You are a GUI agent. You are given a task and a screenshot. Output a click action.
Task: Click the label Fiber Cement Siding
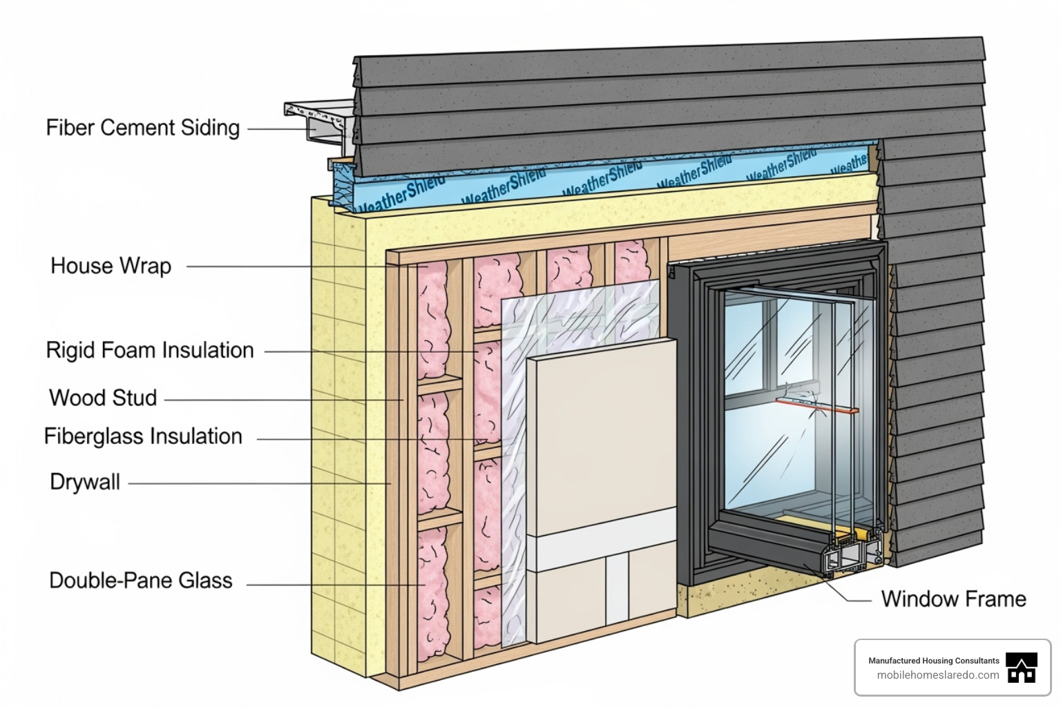(142, 128)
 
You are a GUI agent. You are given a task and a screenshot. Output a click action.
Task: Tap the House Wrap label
(111, 266)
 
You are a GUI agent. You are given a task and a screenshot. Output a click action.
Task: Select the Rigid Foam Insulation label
(150, 351)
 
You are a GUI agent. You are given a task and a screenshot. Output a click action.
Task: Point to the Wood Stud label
(103, 398)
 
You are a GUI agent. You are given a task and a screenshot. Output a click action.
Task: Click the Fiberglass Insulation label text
(143, 437)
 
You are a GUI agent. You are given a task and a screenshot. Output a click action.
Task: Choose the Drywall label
(85, 482)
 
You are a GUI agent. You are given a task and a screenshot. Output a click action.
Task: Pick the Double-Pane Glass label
(140, 581)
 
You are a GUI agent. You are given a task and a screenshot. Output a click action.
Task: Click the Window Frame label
(953, 599)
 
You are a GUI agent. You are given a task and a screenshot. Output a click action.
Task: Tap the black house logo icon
(1022, 668)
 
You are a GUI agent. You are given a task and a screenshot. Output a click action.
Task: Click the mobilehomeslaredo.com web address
(937, 675)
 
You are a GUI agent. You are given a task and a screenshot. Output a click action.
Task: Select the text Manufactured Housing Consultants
(933, 661)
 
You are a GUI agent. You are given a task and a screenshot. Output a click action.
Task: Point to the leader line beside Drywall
(259, 483)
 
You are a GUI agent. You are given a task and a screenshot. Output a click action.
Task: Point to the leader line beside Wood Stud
(283, 400)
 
